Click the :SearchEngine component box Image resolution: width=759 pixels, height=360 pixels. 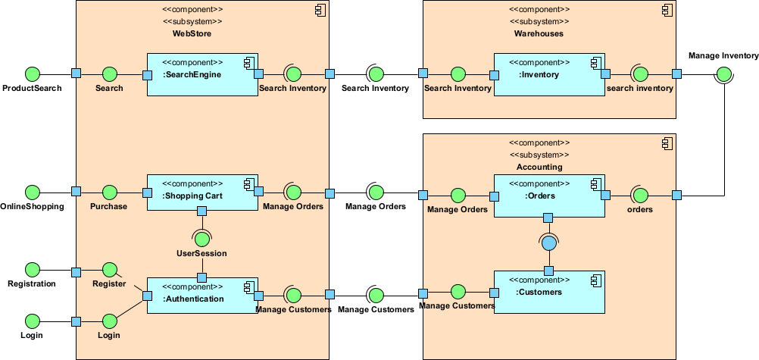pos(202,74)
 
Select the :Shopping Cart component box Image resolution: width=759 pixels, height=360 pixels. pos(202,193)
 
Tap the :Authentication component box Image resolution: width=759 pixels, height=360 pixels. pos(202,296)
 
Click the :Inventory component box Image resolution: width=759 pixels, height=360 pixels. pos(549,74)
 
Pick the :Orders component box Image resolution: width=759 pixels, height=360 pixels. pos(549,196)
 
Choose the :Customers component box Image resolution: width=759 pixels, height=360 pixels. pos(549,292)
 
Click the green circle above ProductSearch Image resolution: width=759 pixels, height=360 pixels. pos(32,74)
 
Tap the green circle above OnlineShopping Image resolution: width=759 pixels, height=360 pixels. pos(32,192)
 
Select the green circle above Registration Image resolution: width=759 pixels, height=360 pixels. pos(32,269)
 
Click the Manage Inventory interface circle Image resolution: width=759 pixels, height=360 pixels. pos(723,74)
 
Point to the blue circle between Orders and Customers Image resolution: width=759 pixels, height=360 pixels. pos(548,243)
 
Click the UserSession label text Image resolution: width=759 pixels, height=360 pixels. pos(201,253)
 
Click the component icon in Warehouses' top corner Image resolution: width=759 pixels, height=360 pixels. pos(666,11)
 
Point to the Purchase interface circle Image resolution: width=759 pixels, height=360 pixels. pos(109,192)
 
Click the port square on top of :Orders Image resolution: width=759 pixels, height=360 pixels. pos(548,218)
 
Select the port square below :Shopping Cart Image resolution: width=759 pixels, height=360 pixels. pos(201,211)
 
